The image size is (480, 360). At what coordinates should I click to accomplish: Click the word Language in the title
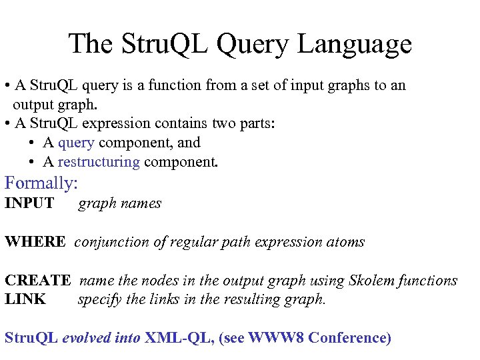pyautogui.click(x=355, y=45)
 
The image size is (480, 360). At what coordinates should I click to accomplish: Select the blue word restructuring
pyautogui.click(x=99, y=161)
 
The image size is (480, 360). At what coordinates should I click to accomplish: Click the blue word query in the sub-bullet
pyautogui.click(x=76, y=143)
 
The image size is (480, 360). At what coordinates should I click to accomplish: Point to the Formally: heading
pyautogui.click(x=41, y=183)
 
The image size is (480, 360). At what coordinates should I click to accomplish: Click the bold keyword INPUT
pyautogui.click(x=29, y=203)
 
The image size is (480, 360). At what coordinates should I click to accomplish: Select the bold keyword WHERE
pyautogui.click(x=35, y=242)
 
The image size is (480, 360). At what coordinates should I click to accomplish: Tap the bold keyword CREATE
pyautogui.click(x=37, y=281)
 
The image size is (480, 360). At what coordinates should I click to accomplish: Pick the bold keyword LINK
pyautogui.click(x=25, y=299)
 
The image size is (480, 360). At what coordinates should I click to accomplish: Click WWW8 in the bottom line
pyautogui.click(x=276, y=337)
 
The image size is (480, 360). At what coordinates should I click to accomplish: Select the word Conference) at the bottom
pyautogui.click(x=350, y=337)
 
